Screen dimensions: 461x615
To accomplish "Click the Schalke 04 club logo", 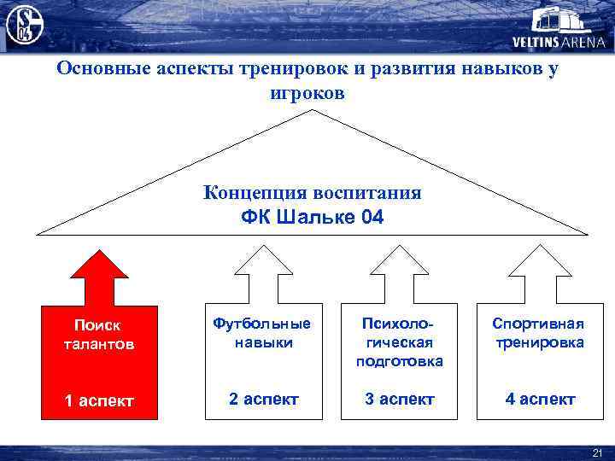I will tap(24, 25).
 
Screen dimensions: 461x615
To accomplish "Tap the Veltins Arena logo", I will tap(556, 29).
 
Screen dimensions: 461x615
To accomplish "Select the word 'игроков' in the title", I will tap(307, 93).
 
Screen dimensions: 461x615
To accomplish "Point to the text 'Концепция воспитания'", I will tap(313, 192).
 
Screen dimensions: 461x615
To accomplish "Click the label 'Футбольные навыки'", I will tap(262, 333).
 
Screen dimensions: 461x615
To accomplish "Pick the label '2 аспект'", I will tap(262, 399).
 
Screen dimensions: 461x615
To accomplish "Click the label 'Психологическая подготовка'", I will tap(398, 342).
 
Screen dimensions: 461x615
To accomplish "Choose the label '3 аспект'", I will tap(398, 399).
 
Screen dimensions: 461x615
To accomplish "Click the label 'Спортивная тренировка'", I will tap(538, 333).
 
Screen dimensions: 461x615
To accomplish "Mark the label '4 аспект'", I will tap(538, 399).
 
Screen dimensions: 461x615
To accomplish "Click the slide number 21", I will tap(597, 452).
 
